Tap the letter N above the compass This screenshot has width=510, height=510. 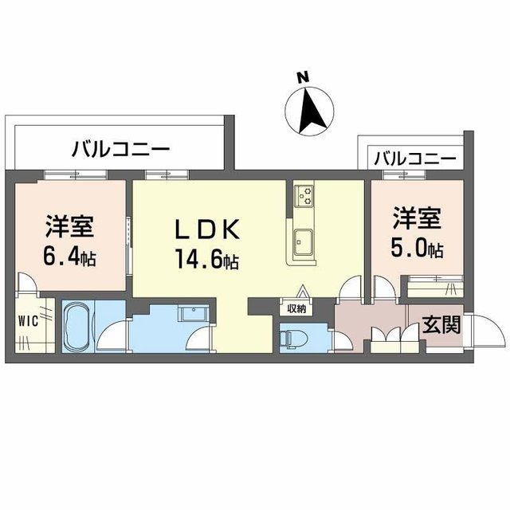(x=303, y=77)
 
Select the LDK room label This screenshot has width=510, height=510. (x=208, y=229)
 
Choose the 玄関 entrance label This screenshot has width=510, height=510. (x=440, y=324)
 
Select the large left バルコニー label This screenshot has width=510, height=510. (x=120, y=149)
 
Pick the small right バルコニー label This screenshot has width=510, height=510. (x=414, y=159)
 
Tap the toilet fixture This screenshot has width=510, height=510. (x=291, y=338)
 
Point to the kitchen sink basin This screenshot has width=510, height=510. (x=304, y=240)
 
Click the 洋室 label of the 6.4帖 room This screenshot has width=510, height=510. (x=69, y=226)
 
